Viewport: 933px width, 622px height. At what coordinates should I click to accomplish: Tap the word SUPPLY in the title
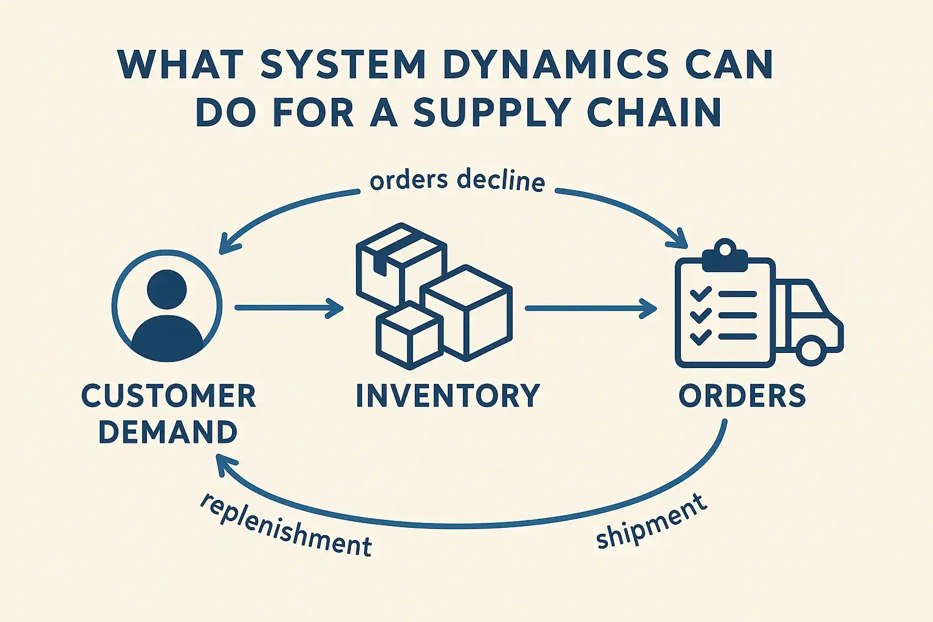click(x=493, y=112)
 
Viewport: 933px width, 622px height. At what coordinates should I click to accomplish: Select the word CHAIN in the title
click(x=654, y=112)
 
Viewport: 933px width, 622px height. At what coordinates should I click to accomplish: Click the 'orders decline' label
click(x=457, y=180)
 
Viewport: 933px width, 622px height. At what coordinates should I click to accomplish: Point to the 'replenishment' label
click(x=285, y=525)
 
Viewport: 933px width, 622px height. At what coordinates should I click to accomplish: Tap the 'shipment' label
click(x=652, y=521)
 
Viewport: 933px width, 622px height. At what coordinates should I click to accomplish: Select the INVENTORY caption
click(x=448, y=395)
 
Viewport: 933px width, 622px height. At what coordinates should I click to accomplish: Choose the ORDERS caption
click(x=742, y=395)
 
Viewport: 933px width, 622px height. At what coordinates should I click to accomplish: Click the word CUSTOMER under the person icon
click(x=168, y=396)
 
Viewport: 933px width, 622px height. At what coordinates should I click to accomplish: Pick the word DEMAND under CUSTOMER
click(x=168, y=432)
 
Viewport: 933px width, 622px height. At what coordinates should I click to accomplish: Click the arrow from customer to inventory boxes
click(x=289, y=308)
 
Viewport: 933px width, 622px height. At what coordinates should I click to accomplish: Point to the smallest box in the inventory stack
click(x=409, y=336)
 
